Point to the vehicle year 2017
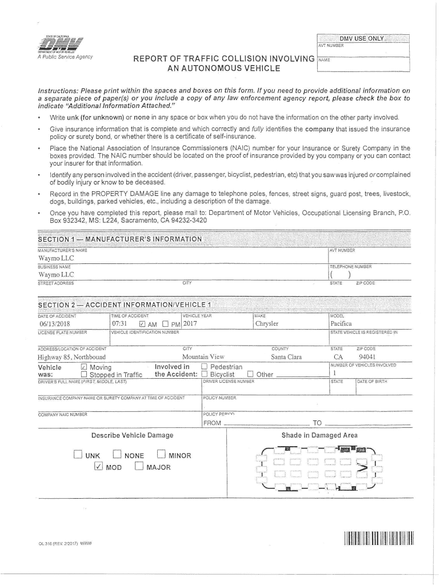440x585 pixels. tap(189, 323)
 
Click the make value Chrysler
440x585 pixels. tap(267, 323)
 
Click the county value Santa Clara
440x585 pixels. tap(287, 357)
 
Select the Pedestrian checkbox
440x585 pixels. tap(204, 367)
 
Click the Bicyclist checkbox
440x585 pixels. tap(204, 375)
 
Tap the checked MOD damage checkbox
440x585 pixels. tap(98, 467)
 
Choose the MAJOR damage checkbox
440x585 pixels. tap(139, 467)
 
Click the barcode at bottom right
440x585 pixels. tap(378, 539)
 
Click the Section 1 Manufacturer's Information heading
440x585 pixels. tap(120, 239)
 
